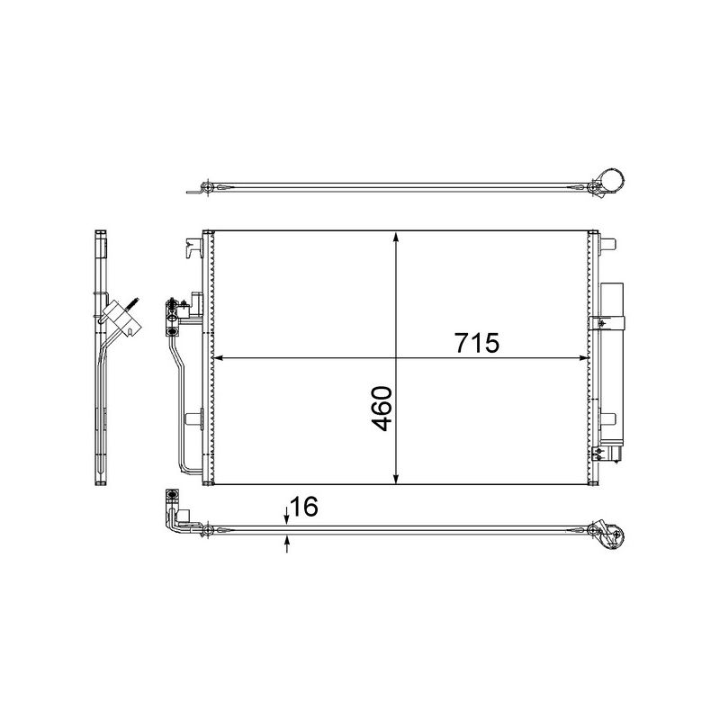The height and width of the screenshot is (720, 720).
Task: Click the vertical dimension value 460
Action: [382, 409]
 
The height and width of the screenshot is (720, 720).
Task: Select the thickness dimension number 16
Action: [304, 508]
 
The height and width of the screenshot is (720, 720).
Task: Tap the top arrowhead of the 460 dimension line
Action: [397, 237]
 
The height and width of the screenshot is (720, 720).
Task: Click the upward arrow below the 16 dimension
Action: [286, 542]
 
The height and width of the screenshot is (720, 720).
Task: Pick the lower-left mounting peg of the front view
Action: [193, 417]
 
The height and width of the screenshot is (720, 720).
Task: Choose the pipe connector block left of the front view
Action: [171, 310]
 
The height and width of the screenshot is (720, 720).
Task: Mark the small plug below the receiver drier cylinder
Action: [616, 454]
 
